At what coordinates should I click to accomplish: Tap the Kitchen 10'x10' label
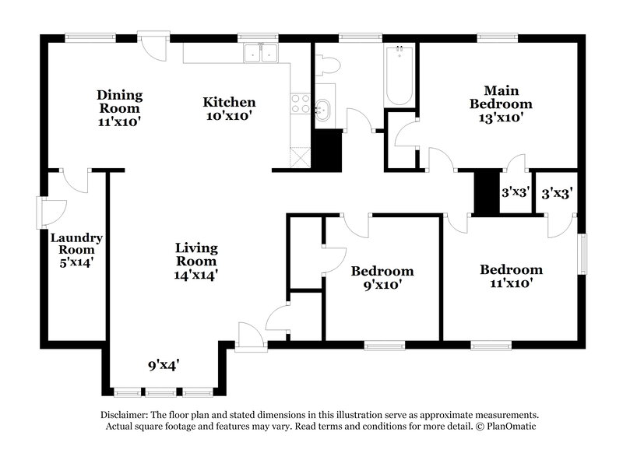[229, 108]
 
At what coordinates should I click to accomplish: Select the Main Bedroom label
[500, 104]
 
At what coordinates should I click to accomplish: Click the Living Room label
[195, 261]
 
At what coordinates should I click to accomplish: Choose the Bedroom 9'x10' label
[382, 277]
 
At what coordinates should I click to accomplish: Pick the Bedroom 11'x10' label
[511, 276]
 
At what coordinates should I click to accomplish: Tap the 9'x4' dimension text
[164, 364]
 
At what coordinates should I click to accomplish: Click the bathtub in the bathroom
[399, 78]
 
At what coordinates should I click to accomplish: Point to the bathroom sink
[324, 108]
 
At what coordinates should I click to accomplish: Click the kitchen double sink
[262, 53]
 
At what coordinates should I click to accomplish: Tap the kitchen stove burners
[300, 104]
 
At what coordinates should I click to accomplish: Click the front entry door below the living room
[250, 339]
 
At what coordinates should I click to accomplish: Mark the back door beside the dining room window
[150, 44]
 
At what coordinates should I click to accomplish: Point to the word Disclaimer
[125, 416]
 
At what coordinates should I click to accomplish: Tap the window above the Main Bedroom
[498, 36]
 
